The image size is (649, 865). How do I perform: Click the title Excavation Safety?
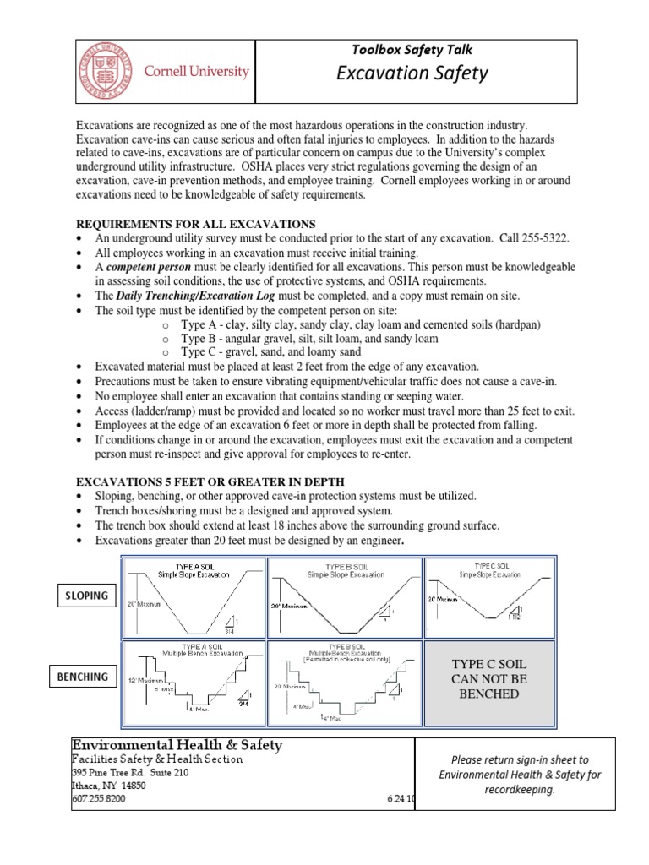[412, 73]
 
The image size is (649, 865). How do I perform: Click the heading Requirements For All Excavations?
[196, 224]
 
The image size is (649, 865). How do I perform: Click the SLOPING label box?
[87, 596]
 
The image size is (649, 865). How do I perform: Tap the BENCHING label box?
[83, 677]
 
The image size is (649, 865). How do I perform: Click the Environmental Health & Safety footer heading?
[177, 744]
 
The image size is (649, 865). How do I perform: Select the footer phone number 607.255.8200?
[102, 799]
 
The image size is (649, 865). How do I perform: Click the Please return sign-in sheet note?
[519, 774]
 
